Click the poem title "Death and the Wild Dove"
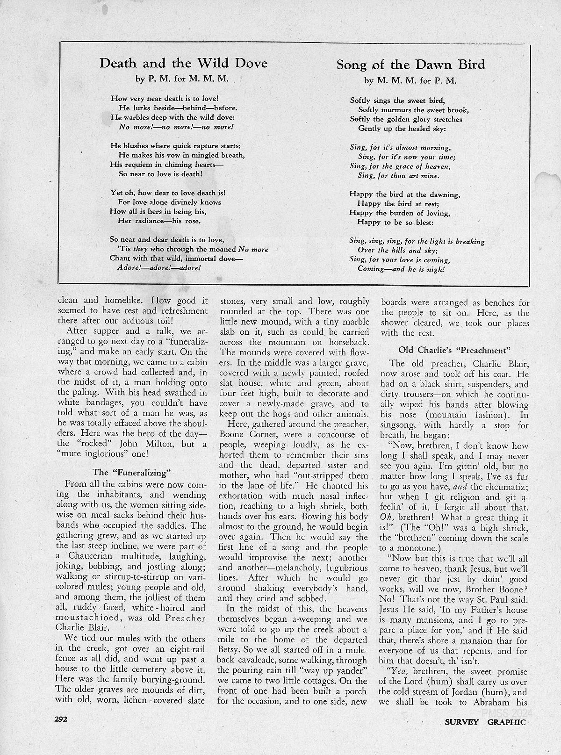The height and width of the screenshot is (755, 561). pos(183,63)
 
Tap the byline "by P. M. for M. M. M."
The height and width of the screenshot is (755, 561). pos(182,79)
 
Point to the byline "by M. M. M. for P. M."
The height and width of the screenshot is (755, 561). pos(410,80)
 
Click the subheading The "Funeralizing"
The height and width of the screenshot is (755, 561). pos(132,472)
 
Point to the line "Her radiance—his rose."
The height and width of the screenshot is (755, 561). pos(159,221)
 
